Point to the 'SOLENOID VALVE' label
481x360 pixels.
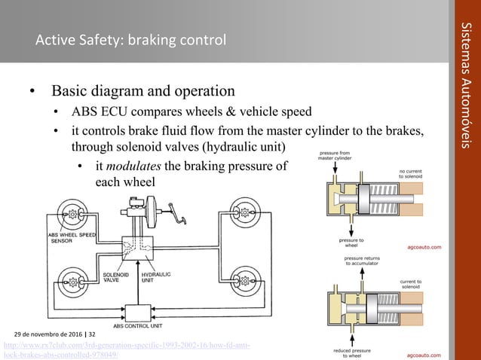pos(115,278)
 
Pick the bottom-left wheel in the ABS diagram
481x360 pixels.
pos(72,282)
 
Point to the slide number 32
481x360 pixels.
pos(92,333)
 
